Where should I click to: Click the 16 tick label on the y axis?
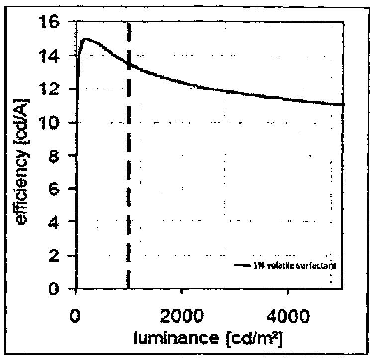(54, 23)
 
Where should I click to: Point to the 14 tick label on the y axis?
(54, 56)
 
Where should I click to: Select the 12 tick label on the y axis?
(54, 90)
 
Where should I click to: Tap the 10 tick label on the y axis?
(54, 123)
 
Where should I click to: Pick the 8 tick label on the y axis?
(59, 156)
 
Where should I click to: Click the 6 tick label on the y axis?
(59, 189)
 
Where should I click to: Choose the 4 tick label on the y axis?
(59, 223)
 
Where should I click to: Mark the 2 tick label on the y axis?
(59, 256)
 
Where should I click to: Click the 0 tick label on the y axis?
(59, 289)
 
